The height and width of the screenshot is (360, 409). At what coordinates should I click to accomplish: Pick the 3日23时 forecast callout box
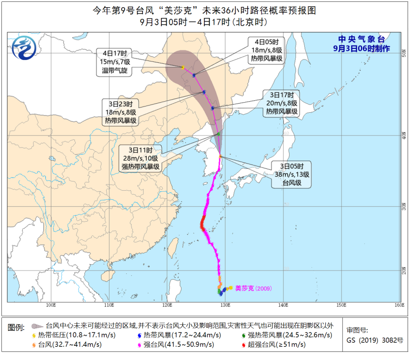(x=121, y=112)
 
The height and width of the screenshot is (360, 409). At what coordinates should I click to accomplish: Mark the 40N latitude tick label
(x=404, y=135)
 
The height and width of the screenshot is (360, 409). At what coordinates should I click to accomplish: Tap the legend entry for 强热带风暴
(x=281, y=336)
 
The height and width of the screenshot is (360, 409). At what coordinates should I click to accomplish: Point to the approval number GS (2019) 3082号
(x=374, y=341)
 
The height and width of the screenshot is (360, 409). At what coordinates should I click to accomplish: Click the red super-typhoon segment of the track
(x=203, y=223)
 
